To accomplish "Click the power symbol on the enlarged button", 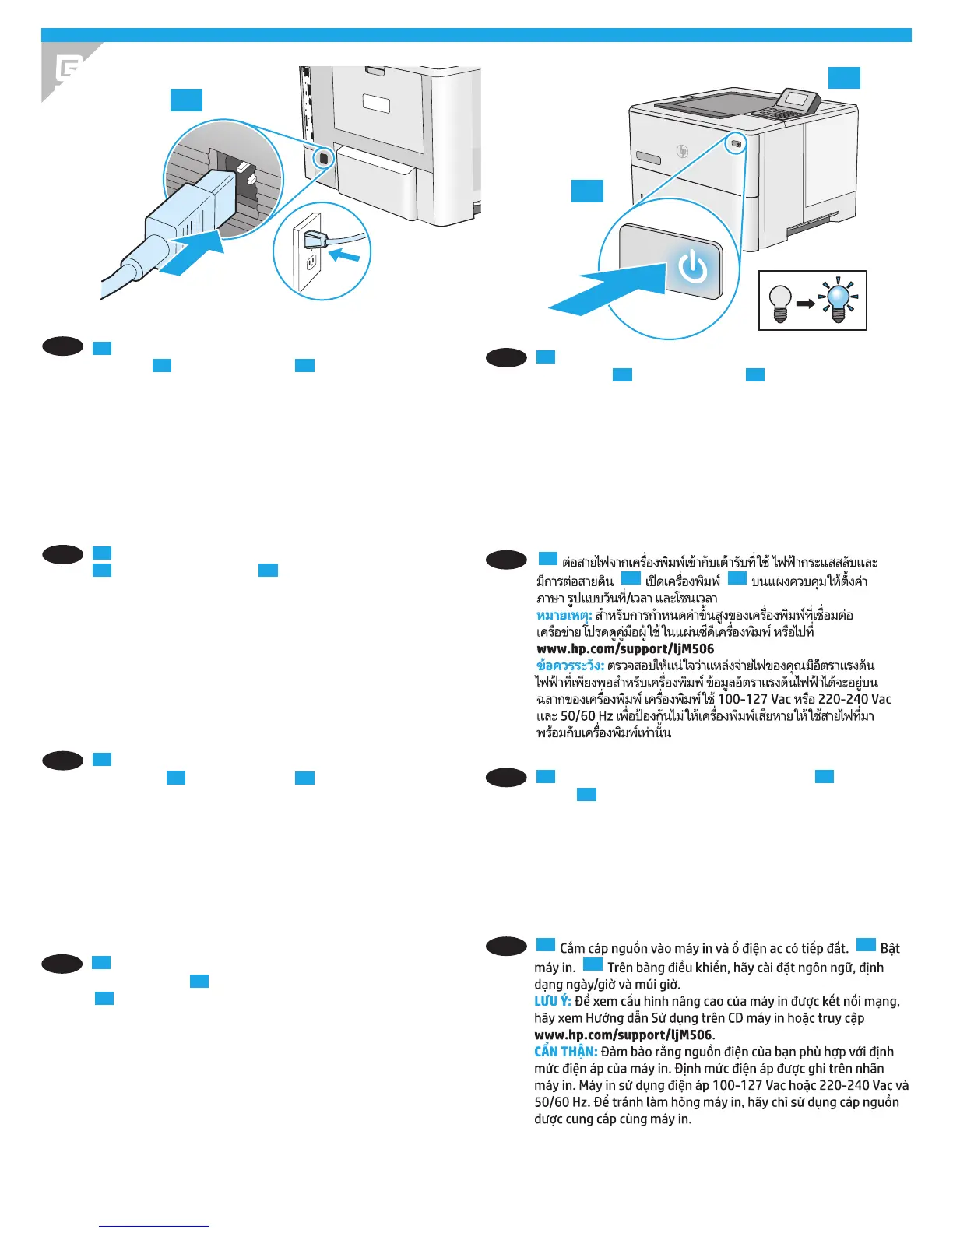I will [x=692, y=269].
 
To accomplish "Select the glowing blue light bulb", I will [x=839, y=300].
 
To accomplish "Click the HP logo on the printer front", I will [x=683, y=151].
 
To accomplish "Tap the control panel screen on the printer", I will [x=797, y=100].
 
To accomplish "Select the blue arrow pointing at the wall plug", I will [x=344, y=255].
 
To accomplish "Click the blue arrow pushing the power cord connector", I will [x=191, y=254].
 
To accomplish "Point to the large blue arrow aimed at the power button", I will [x=603, y=292].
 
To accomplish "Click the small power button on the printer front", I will [x=737, y=144].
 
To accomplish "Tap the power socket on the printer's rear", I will [x=322, y=157].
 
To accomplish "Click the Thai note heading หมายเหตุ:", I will [x=564, y=616].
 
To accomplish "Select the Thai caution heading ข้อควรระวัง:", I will [x=570, y=666].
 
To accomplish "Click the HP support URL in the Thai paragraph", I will [x=624, y=648].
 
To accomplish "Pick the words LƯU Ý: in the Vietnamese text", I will [x=552, y=1001].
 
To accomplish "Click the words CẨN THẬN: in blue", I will [x=565, y=1052].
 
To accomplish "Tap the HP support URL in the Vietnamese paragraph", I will [x=622, y=1035].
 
